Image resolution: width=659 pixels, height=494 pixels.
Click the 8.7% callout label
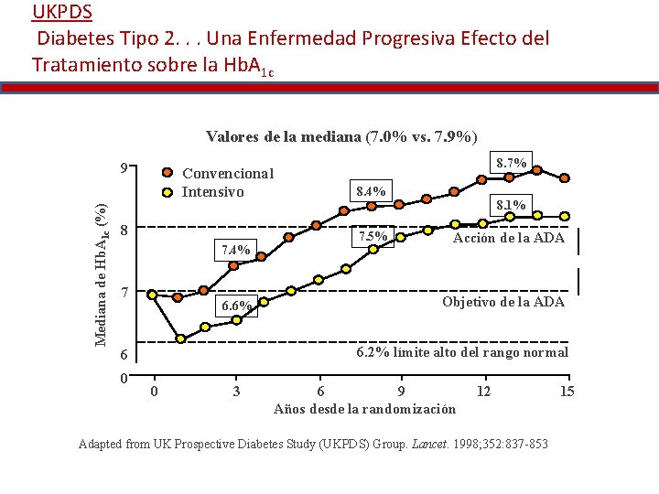[x=511, y=164]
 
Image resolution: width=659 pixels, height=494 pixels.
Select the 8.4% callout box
[x=371, y=191]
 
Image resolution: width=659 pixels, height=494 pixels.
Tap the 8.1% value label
[x=510, y=206]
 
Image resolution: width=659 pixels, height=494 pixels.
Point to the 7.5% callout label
[x=373, y=237]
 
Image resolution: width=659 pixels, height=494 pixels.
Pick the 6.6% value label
[x=235, y=306]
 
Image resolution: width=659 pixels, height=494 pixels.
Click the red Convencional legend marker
[x=167, y=173]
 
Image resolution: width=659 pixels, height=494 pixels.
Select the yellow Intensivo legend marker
[x=167, y=192]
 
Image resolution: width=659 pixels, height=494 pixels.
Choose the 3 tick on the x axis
[x=236, y=392]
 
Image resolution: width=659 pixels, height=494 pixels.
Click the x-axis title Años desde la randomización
[x=364, y=409]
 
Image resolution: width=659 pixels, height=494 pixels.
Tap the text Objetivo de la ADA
[x=502, y=302]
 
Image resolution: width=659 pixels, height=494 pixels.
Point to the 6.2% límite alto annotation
[x=461, y=352]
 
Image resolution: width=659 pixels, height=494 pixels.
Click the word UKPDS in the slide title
[x=61, y=13]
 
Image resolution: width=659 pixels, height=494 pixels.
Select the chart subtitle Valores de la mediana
[x=340, y=137]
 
